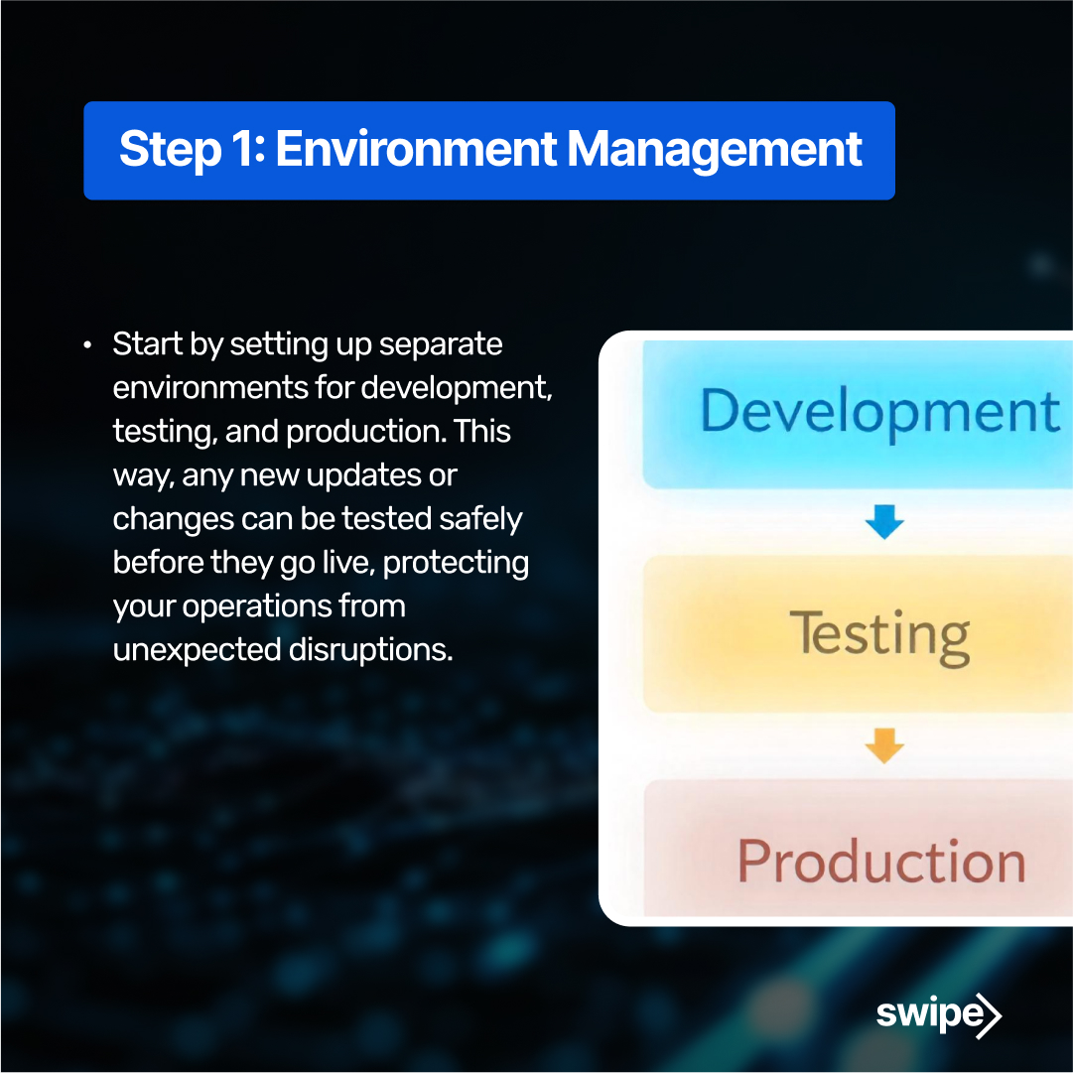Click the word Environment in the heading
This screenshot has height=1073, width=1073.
pos(416,150)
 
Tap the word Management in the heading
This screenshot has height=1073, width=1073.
pos(714,150)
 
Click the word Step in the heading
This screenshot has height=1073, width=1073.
pos(169,150)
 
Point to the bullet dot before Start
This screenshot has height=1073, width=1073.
pos(88,346)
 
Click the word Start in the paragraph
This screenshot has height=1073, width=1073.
pos(147,344)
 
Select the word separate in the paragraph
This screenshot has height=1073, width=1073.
pos(442,344)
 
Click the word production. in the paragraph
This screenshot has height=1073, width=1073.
pos(368,432)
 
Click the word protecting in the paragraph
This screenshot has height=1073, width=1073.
pos(456,563)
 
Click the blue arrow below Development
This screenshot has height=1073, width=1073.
pos(883,522)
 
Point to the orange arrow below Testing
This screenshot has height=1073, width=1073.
pos(883,745)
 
